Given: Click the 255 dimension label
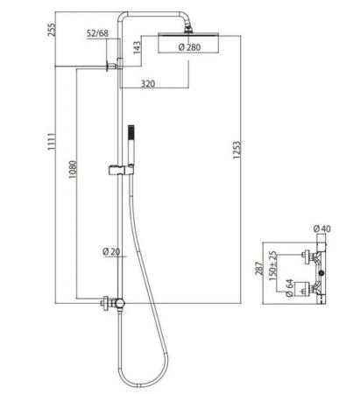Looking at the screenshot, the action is pos(52,30).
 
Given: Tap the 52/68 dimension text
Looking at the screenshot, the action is pos(97,33).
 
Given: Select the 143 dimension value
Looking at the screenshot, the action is pos(137,47).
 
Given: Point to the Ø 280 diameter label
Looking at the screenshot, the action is pos(189,47).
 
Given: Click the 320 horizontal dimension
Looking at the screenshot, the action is pos(148,84).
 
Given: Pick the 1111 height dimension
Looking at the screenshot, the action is pos(52,142).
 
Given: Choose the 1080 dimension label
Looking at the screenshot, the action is pos(73,170).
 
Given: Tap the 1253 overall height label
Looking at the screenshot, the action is pos(237,150).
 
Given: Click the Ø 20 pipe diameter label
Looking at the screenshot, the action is pos(111,251).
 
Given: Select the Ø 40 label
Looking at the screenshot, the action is pos(322,229).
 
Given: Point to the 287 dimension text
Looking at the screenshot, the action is pos(259,269).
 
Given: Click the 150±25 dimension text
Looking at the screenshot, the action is pos(272,266).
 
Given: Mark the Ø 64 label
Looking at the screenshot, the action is pos(289,288).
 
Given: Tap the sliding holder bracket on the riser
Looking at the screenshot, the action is pos(121,171).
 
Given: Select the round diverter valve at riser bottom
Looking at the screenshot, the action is pos(119,303).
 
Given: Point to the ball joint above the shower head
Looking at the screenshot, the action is pos(188,29).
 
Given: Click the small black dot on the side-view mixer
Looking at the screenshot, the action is pos(321,273).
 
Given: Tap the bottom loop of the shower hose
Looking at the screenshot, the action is pos(142,386).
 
